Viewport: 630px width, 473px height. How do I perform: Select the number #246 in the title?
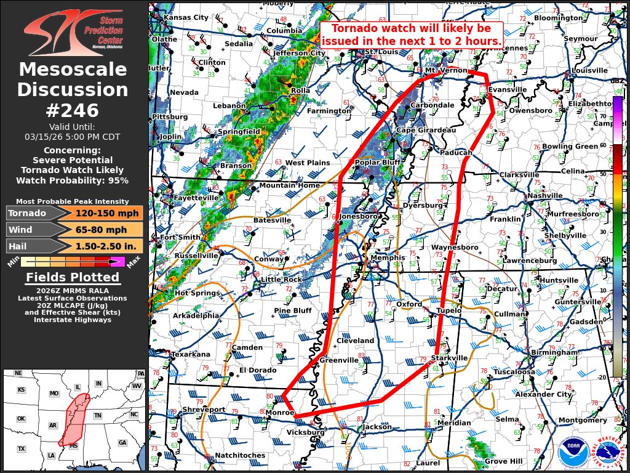tap(73, 111)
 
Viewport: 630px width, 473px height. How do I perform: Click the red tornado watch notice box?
tap(411, 35)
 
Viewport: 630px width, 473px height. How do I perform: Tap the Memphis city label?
tap(388, 257)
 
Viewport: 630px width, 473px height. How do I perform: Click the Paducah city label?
tap(456, 152)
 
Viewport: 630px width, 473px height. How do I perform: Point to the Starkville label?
tap(450, 358)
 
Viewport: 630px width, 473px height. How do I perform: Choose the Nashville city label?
tap(545, 196)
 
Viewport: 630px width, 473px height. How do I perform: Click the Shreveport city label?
tap(204, 410)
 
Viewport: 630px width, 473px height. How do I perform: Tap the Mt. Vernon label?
tap(447, 71)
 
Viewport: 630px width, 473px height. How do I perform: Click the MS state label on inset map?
tap(74, 445)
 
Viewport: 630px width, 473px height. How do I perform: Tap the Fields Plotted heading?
tap(73, 278)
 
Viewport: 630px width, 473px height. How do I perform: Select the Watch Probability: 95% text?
tap(73, 180)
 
